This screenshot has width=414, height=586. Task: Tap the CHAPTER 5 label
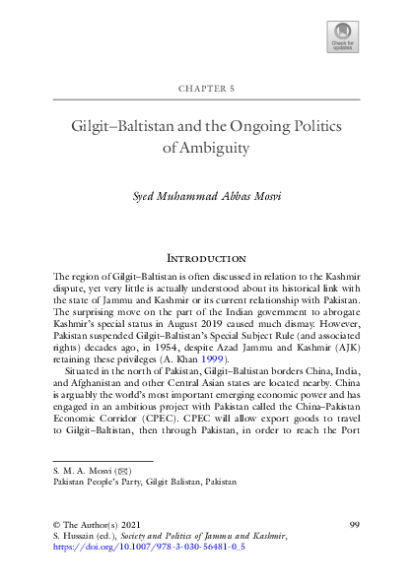click(x=206, y=88)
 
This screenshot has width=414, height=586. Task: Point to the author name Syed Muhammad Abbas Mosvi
click(x=207, y=196)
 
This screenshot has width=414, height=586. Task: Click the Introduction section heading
click(x=207, y=257)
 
